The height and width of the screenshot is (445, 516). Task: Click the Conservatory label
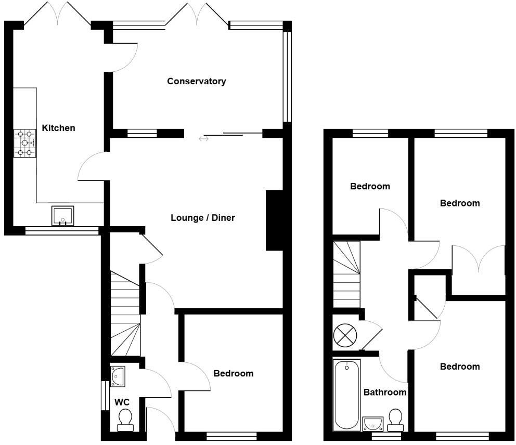click(196, 81)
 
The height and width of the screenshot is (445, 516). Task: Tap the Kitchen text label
click(58, 128)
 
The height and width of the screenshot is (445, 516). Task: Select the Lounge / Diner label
click(202, 218)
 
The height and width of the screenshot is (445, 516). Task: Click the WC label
click(122, 402)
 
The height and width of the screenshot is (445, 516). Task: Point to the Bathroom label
click(384, 392)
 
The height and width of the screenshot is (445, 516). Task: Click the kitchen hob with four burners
click(24, 143)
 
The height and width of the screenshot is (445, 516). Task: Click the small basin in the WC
click(118, 376)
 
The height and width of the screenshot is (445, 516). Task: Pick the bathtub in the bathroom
click(346, 395)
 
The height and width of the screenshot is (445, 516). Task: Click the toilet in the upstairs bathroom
click(396, 420)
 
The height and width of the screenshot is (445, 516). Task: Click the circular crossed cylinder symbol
click(344, 334)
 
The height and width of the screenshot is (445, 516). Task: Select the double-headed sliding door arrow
click(203, 139)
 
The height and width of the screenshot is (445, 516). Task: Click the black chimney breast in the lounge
click(275, 220)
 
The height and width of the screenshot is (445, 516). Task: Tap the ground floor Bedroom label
click(234, 373)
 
